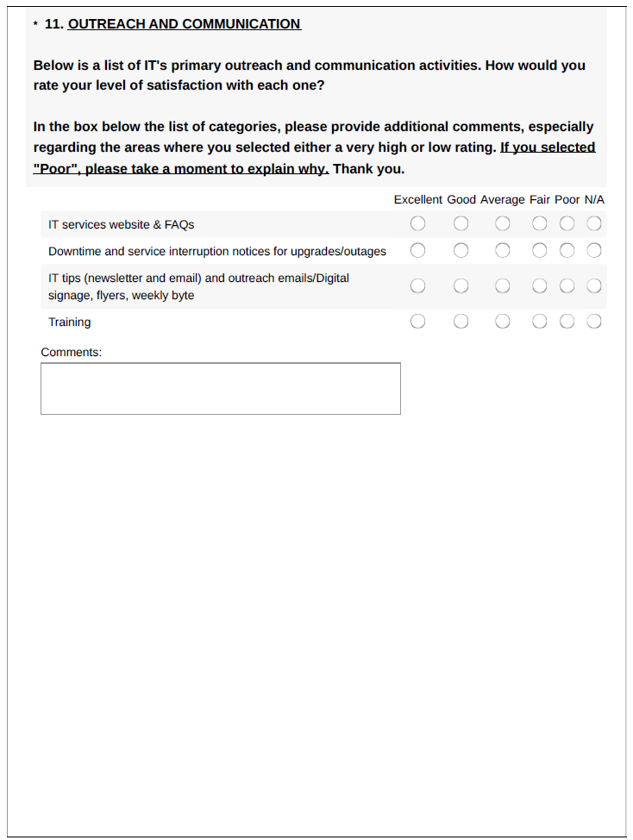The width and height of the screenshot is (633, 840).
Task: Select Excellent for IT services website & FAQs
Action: click(418, 224)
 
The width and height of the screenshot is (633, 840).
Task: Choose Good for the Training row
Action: click(461, 322)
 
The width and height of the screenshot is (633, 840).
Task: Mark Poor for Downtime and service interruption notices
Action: click(567, 251)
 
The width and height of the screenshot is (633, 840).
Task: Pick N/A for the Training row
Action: click(594, 322)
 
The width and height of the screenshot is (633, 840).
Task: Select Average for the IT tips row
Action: click(503, 285)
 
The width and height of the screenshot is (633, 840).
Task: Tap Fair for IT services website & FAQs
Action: click(540, 224)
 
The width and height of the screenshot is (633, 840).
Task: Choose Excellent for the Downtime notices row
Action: click(418, 251)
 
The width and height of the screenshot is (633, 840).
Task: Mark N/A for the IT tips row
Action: click(594, 285)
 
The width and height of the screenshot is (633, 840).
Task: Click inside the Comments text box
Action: click(221, 388)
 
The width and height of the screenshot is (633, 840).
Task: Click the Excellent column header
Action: click(418, 199)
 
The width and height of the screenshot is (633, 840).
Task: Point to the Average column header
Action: click(503, 199)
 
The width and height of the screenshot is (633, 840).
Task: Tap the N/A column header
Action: click(594, 199)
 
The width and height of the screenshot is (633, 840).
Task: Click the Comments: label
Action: click(72, 352)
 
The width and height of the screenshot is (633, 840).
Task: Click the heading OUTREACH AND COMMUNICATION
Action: click(185, 24)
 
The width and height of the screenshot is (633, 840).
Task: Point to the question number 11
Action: click(53, 24)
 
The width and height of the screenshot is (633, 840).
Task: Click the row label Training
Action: click(69, 322)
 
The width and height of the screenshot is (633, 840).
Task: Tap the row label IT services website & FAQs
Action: click(121, 224)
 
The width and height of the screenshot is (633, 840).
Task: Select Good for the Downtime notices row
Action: click(461, 251)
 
